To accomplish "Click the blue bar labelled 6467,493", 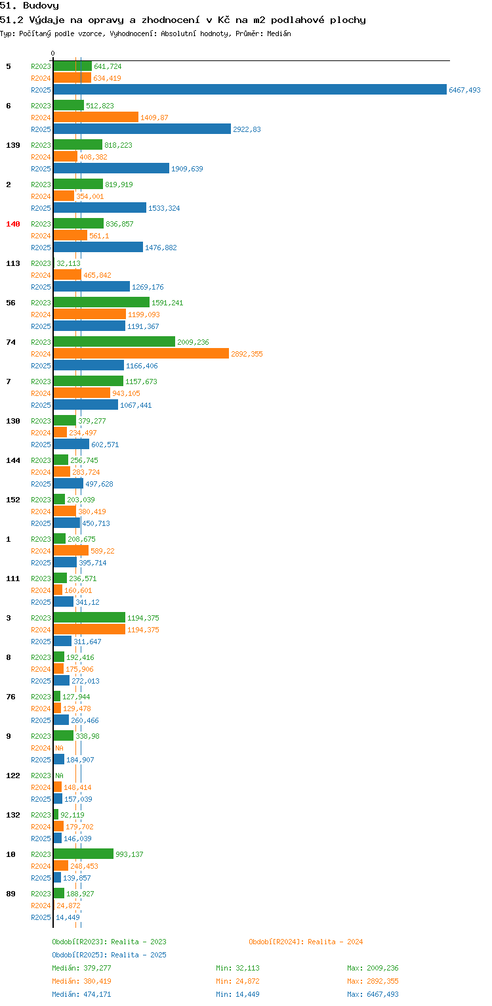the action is pos(250,89).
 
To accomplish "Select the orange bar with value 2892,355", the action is pos(141,353).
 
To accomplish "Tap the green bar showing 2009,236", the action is pos(114,341).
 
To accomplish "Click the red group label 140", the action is pos(13,224).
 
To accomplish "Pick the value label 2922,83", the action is pos(247,129).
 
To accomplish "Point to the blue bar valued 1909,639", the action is pos(112,168).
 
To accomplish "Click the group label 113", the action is pos(13,263).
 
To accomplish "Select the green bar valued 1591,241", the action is pos(102,302).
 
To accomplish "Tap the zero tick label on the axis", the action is pos(53,53).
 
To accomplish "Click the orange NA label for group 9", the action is pos(59,748).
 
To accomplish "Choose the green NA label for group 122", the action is pos(59,776).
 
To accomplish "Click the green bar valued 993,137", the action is pos(83,854).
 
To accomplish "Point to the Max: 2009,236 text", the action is pos(373,968).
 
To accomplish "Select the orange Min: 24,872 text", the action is pos(237,981).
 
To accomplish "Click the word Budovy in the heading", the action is pos(41,6).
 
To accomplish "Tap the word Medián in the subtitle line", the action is pos(279,33).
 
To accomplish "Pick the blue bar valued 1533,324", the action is pos(100,208).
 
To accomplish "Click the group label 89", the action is pos(10,894).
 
